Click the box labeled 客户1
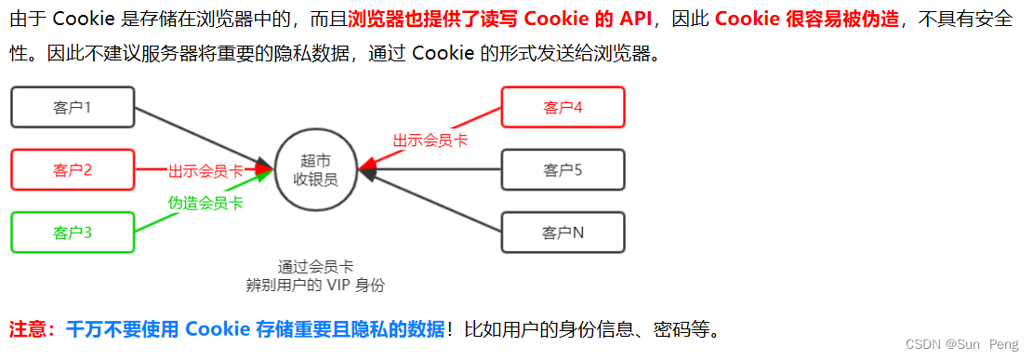[x=73, y=107]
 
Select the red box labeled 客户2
[x=73, y=170]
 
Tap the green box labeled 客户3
[x=73, y=233]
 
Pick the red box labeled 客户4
[x=563, y=107]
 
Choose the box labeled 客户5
[x=563, y=170]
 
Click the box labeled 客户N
[x=563, y=233]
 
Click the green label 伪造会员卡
[x=205, y=202]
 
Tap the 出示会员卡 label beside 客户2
[x=205, y=171]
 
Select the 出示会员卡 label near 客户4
[x=430, y=140]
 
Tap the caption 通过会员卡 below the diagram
[x=315, y=266]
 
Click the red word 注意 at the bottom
[x=27, y=329]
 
